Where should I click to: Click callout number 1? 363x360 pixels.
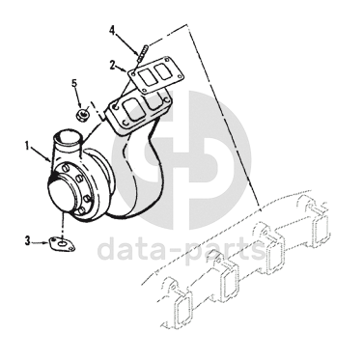coord(28,147)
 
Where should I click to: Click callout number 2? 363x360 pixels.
coord(112,65)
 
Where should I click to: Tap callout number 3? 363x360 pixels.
coord(28,240)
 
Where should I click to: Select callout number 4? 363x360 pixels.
coord(112,30)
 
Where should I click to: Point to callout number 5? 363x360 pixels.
coord(74,83)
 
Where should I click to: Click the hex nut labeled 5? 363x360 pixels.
coord(83,114)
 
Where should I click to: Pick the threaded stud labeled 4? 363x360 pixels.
coord(142,54)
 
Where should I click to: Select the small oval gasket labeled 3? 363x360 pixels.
coord(62,244)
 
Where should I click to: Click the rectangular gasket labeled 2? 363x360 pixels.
coord(156,75)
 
